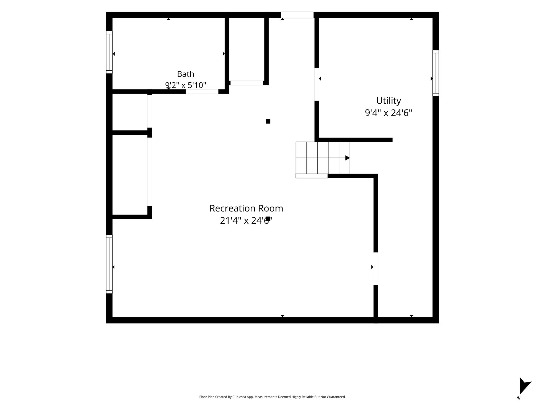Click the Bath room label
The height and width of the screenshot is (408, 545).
tap(185, 74)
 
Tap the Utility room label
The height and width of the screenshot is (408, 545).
tap(389, 101)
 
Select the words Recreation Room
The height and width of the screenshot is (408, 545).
tap(246, 208)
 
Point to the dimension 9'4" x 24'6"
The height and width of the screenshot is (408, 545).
tap(389, 113)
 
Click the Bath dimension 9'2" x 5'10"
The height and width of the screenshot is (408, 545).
tap(185, 85)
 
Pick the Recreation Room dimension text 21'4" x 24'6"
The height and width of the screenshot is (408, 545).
tap(246, 220)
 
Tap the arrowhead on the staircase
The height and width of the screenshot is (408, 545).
tap(348, 158)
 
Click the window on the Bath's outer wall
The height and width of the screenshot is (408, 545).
tap(109, 52)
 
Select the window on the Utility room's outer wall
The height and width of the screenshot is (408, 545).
tap(436, 73)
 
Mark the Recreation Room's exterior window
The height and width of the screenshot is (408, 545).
tap(109, 264)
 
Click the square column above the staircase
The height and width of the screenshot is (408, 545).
tap(268, 121)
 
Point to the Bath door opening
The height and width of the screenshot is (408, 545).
tap(202, 92)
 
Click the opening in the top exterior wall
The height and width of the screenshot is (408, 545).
tap(297, 15)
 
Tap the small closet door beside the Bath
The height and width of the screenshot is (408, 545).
tap(247, 83)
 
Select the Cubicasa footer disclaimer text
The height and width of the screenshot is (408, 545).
tap(272, 397)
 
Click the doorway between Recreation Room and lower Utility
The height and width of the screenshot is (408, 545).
tap(375, 269)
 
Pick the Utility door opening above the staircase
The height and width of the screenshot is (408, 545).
tap(317, 84)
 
